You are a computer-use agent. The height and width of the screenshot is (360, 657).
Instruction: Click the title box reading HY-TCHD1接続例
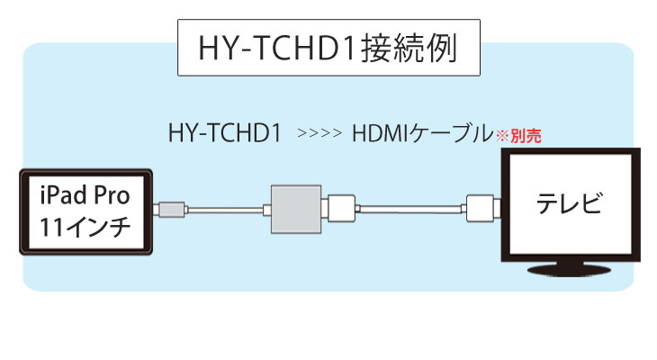tap(328, 48)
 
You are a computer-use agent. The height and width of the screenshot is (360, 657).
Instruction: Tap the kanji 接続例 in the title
tap(409, 48)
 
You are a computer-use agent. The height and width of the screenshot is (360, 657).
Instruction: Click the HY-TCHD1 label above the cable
tap(225, 133)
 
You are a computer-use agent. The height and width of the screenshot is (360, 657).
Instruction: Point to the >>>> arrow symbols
tap(319, 134)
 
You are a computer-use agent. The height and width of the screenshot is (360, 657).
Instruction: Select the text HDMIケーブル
tap(423, 133)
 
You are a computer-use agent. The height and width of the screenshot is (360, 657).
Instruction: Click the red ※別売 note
tap(518, 136)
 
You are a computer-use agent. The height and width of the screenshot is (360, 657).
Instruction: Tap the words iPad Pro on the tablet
tap(85, 195)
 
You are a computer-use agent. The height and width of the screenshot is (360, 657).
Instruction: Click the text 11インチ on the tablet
tap(85, 227)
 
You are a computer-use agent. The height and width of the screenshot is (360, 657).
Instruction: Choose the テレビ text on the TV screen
tap(570, 203)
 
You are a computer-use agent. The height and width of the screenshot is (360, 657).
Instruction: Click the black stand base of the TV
tap(569, 270)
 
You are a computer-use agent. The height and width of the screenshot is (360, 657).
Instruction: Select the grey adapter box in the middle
tap(296, 209)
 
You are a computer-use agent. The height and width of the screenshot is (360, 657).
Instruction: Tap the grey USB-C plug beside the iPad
tap(169, 210)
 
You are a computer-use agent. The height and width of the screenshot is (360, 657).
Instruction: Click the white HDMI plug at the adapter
tap(341, 209)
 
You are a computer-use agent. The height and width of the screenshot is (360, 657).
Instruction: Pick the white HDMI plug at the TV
tap(481, 208)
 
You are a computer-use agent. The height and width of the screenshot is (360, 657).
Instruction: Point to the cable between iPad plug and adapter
tap(225, 210)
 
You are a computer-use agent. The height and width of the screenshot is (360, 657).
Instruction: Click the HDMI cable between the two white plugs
tap(411, 209)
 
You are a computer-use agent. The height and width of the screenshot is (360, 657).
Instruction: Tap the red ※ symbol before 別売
tap(502, 136)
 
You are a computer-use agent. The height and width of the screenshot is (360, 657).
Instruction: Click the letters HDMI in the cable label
tap(381, 134)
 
